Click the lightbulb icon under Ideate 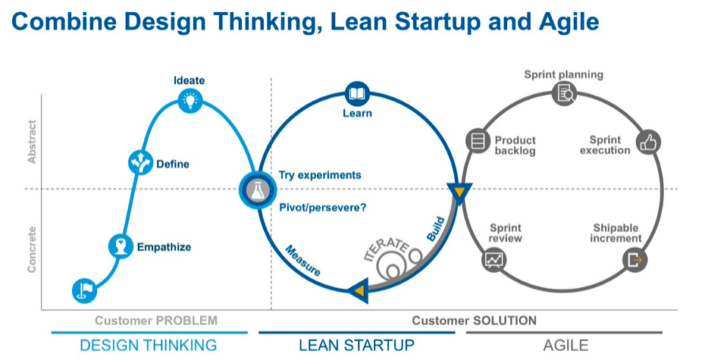190,100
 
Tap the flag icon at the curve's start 84,290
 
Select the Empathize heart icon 121,246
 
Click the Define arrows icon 140,163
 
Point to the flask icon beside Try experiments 258,190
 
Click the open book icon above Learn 357,94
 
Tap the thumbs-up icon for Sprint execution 648,142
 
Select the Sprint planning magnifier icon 565,93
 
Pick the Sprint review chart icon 494,260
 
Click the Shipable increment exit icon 635,260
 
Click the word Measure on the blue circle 302,261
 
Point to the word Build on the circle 436,229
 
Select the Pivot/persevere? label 323,208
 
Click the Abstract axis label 32,142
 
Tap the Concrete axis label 32,249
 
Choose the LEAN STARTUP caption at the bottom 357,345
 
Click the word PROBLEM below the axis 186,321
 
